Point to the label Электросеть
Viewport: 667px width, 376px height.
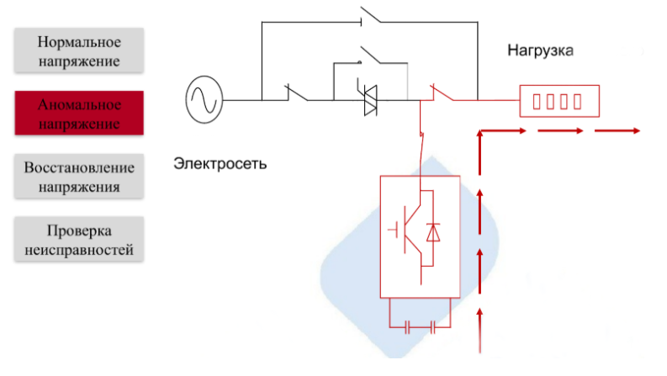[x=220, y=162]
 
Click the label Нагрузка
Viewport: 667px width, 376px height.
[x=540, y=51]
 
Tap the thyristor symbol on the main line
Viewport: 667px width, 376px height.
[x=370, y=100]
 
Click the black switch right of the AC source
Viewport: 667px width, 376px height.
[x=296, y=93]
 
